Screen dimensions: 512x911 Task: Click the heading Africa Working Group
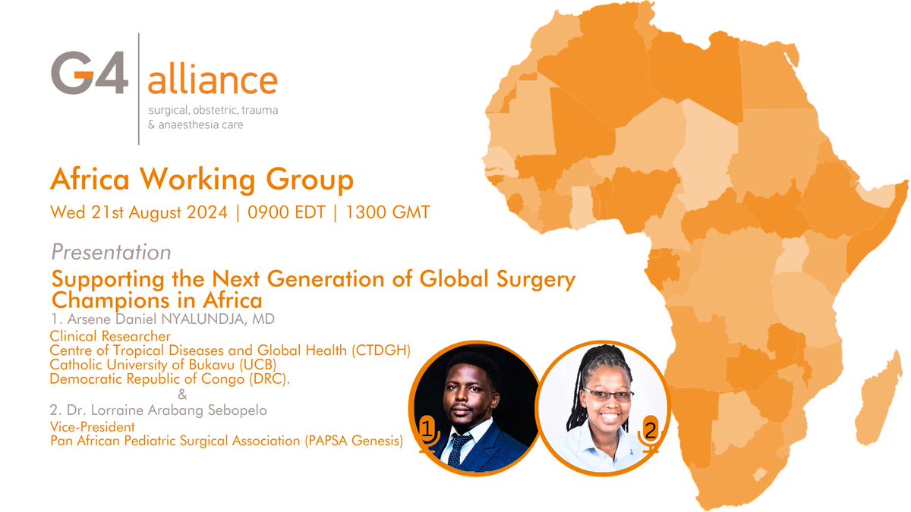coord(201,181)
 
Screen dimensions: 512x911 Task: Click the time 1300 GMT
coord(387,212)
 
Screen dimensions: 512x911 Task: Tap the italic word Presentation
coord(111,251)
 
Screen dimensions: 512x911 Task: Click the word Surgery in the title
coord(531,279)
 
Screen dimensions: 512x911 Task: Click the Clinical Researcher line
coord(109,335)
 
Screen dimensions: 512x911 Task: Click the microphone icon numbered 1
coord(427,435)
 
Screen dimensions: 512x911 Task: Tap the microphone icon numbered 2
coord(650,434)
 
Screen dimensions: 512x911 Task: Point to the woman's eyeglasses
coord(607,395)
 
